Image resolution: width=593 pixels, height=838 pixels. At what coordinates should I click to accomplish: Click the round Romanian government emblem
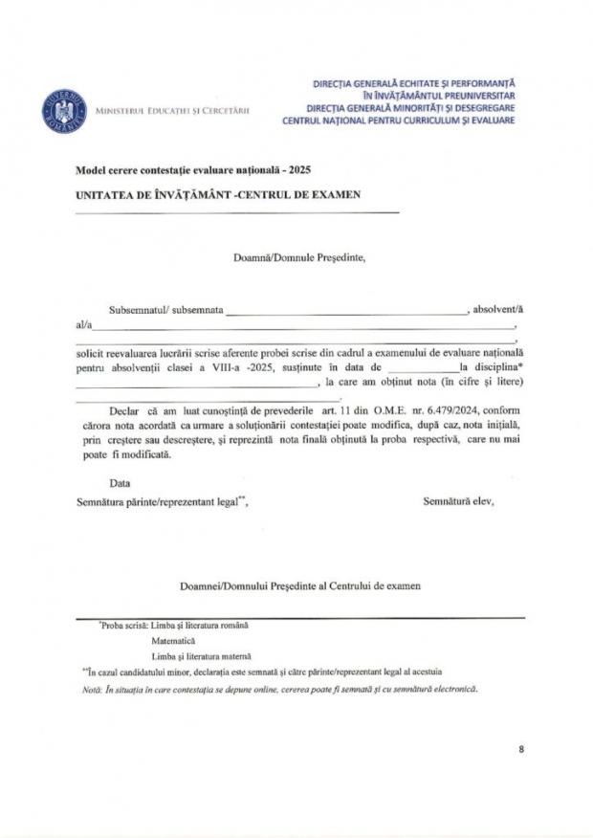tap(64, 110)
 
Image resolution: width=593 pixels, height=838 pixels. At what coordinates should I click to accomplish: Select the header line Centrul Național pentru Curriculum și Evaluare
tap(399, 121)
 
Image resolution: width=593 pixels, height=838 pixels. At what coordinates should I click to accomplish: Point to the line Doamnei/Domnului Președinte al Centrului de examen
tap(299, 584)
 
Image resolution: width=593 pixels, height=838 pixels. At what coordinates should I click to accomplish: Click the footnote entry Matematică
tap(173, 640)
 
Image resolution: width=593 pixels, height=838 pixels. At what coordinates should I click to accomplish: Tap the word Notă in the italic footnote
tap(92, 689)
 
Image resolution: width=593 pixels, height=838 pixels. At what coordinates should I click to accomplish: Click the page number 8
tap(521, 749)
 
